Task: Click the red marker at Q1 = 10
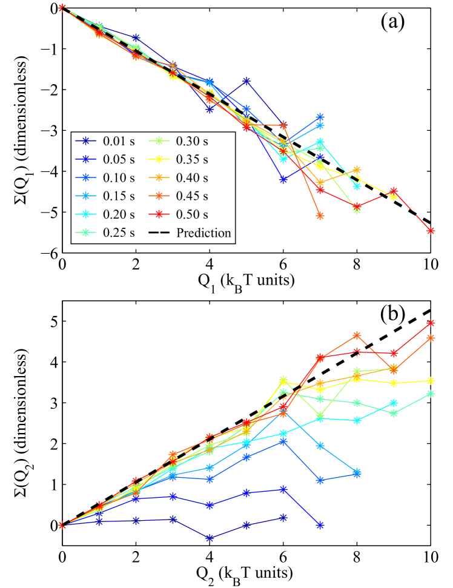431,231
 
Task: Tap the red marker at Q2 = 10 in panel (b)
431,323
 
